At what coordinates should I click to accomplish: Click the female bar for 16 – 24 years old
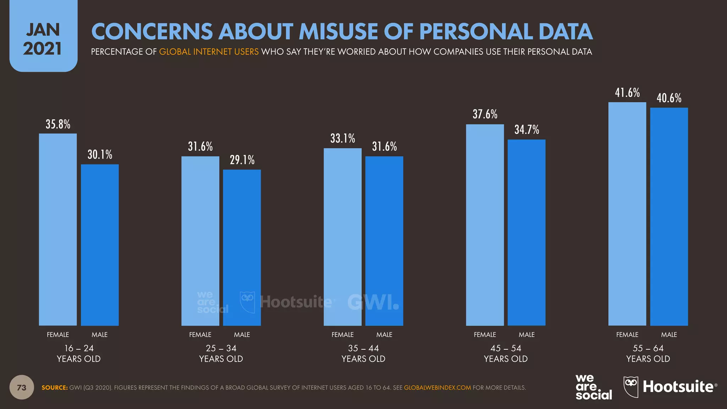tap(58, 229)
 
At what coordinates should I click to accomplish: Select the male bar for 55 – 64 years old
tap(669, 217)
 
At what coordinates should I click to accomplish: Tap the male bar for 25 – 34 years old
tap(242, 247)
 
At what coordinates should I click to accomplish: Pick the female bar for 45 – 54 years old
tap(485, 225)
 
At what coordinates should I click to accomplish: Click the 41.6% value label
tap(627, 93)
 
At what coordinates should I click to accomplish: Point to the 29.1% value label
tap(242, 160)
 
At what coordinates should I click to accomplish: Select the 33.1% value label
tap(343, 138)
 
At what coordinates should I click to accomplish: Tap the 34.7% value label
tap(527, 130)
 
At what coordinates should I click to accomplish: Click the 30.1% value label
tap(100, 154)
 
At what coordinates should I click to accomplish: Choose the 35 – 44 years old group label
tap(363, 353)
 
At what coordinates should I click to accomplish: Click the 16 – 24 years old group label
tap(79, 353)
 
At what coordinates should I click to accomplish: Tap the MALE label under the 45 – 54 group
tap(526, 334)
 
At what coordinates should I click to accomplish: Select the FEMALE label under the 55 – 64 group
tap(627, 334)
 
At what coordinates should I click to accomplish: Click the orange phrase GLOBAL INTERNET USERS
tap(209, 52)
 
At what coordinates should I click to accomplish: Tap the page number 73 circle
tap(22, 387)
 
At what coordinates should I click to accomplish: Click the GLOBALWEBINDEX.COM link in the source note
tap(437, 388)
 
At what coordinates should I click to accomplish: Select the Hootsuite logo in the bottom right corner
tap(670, 387)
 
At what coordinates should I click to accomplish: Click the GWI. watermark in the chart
tap(373, 302)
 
